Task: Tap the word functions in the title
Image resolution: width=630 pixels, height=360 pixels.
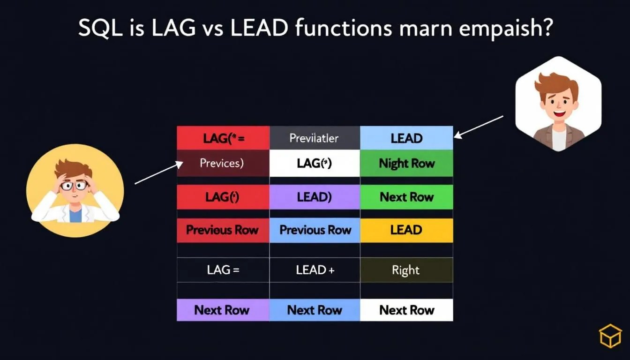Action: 344,29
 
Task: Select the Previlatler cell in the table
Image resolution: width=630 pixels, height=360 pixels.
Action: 314,138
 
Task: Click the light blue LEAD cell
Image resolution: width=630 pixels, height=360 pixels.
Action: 406,138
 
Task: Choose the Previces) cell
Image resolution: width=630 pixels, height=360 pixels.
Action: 222,163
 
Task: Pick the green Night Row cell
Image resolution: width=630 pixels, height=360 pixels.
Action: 406,164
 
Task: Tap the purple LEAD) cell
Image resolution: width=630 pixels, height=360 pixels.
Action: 314,197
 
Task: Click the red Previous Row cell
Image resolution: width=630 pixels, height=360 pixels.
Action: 222,230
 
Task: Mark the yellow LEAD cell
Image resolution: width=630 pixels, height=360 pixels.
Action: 406,230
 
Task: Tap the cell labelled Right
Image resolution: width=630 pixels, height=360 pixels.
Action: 406,270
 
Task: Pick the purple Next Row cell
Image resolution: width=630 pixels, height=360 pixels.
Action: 222,310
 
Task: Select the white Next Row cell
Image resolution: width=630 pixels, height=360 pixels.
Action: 406,310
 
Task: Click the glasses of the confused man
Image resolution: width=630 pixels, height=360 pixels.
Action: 74,185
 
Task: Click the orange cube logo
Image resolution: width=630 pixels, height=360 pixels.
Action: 610,336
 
